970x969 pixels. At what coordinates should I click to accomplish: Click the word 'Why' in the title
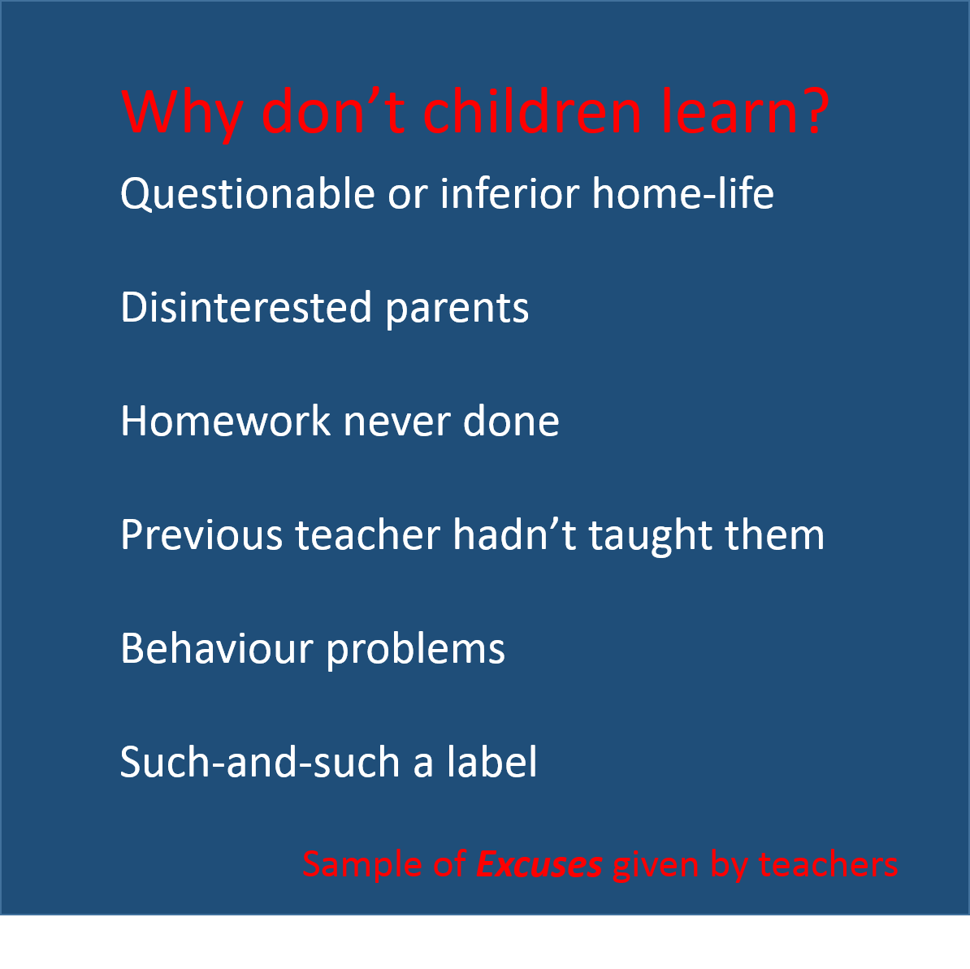pyautogui.click(x=182, y=112)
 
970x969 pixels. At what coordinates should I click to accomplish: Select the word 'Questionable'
pyautogui.click(x=248, y=194)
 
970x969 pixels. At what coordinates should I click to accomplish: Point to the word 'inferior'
pyautogui.click(x=509, y=193)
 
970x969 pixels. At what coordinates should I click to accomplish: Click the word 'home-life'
pyautogui.click(x=683, y=193)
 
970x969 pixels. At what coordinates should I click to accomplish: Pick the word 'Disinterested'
pyautogui.click(x=246, y=307)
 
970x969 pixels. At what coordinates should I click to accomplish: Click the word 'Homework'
pyautogui.click(x=226, y=421)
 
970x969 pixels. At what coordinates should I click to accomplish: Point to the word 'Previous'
pyautogui.click(x=201, y=534)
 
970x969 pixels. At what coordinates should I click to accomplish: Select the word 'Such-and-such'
pyautogui.click(x=260, y=761)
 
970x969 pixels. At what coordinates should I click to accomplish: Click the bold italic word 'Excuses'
pyautogui.click(x=539, y=864)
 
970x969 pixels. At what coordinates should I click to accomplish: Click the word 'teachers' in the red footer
pyautogui.click(x=829, y=864)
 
